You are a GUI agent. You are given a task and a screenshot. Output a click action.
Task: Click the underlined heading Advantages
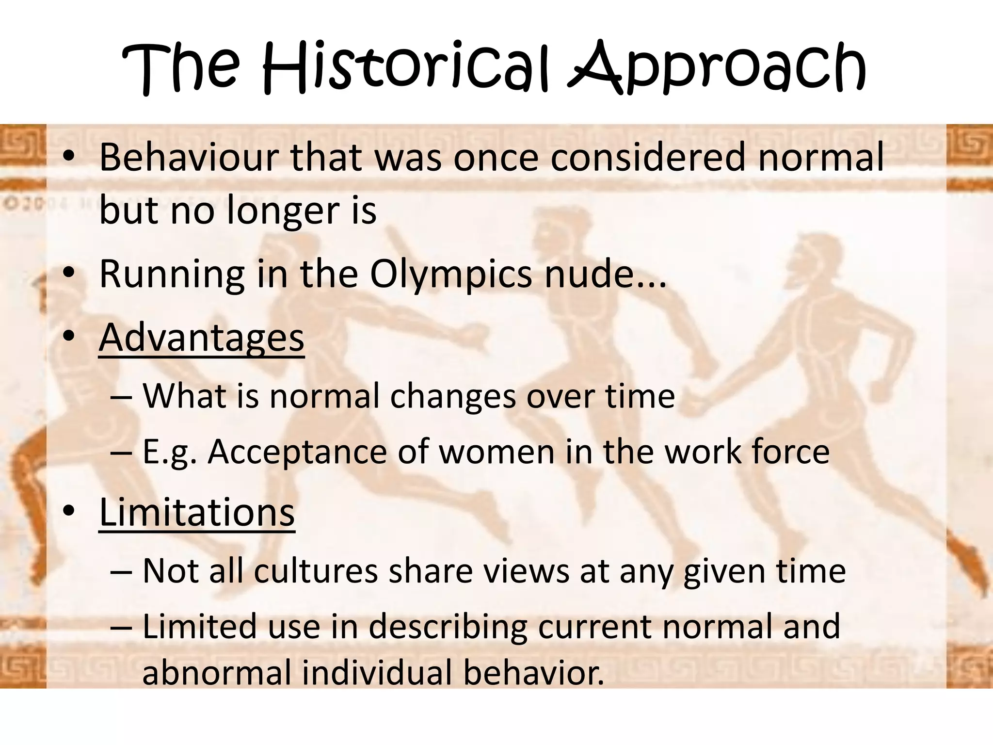[x=201, y=338]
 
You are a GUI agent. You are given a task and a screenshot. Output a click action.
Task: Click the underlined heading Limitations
[x=197, y=512]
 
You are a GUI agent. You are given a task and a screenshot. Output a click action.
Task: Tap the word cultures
[x=316, y=571]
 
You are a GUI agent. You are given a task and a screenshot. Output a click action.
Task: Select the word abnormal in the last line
[x=216, y=673]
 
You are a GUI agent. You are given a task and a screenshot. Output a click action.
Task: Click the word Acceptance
[x=297, y=452]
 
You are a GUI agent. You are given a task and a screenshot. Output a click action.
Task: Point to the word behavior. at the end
[x=533, y=673]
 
